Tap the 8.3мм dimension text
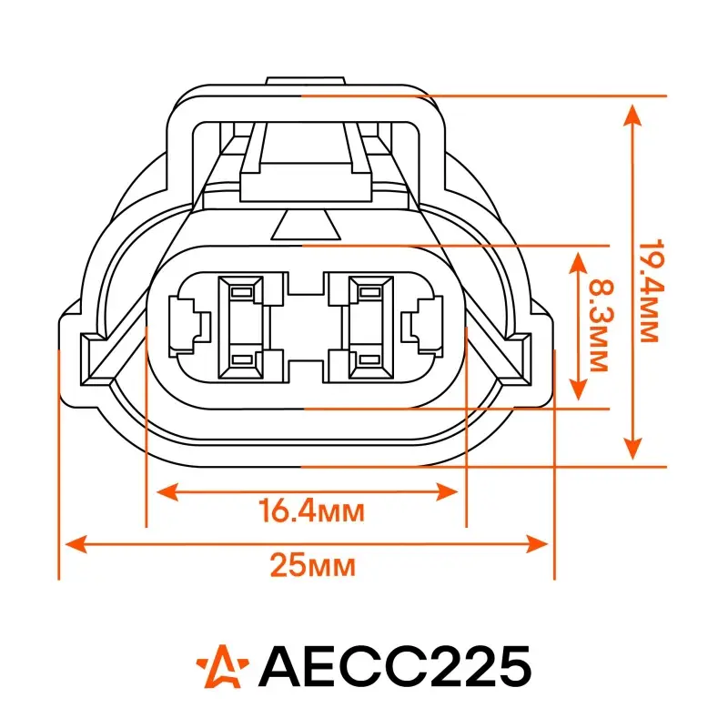tap(602, 325)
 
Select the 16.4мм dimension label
tap(311, 511)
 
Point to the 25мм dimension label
tap(313, 565)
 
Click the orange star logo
tap(222, 667)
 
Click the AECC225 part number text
tap(395, 667)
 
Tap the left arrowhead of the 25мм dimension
tap(76, 544)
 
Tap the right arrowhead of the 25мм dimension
tap(537, 544)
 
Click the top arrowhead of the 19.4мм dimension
tap(632, 116)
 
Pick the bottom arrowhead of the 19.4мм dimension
tap(632, 448)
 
